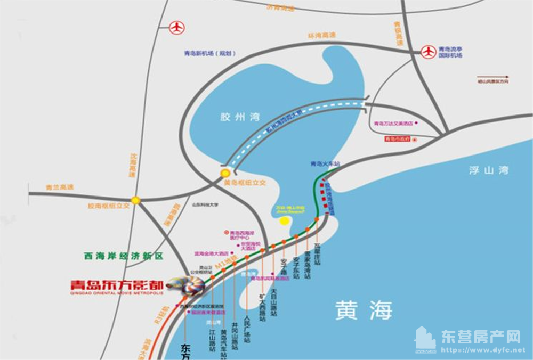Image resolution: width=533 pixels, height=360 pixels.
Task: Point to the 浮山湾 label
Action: click(x=489, y=170)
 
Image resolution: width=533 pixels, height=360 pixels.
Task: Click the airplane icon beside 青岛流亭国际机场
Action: click(x=429, y=52)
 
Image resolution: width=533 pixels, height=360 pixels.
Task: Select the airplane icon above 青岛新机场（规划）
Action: click(x=176, y=27)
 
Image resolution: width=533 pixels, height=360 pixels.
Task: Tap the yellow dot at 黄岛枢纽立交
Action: click(x=225, y=173)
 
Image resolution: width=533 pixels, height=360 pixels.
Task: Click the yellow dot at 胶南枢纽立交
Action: click(x=136, y=200)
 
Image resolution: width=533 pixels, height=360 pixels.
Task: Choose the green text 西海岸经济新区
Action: click(x=123, y=256)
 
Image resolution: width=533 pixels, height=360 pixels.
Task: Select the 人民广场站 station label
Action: click(x=246, y=329)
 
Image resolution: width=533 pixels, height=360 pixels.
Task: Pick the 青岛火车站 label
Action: click(x=324, y=163)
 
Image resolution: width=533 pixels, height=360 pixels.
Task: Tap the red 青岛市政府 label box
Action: click(x=398, y=139)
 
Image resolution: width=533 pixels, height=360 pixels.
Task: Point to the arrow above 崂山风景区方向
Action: click(x=492, y=77)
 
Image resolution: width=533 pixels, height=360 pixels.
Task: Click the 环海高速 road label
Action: click(x=321, y=36)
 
